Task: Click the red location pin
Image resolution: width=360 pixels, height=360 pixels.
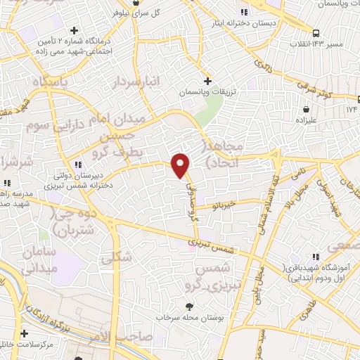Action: [181, 165]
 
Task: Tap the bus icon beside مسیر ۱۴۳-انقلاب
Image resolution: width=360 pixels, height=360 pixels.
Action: [316, 32]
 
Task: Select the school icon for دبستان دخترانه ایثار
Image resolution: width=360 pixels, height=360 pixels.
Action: [244, 12]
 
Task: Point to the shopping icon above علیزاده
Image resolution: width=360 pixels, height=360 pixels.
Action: [307, 109]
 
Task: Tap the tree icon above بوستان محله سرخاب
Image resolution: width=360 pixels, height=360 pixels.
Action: [189, 306]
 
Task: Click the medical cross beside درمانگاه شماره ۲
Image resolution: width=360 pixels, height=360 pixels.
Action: [74, 32]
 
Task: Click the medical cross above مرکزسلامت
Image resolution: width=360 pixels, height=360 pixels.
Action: [25, 333]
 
